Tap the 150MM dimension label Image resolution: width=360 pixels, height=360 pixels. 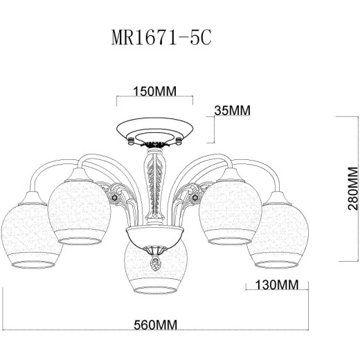click(154, 91)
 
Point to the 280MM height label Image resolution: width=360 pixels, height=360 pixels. click(353, 191)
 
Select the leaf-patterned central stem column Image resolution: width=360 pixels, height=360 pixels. click(154, 183)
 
